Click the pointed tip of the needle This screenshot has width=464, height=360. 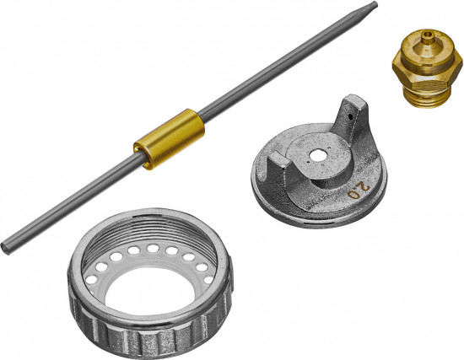[x=375, y=4]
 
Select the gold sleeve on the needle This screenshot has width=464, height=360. [x=169, y=139]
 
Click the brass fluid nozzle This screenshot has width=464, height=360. [x=427, y=68]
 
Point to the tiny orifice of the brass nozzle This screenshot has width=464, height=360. [x=426, y=34]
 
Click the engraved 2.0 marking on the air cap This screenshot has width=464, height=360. [x=359, y=191]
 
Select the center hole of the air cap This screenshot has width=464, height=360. [x=317, y=156]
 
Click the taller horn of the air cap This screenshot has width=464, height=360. [x=352, y=118]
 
